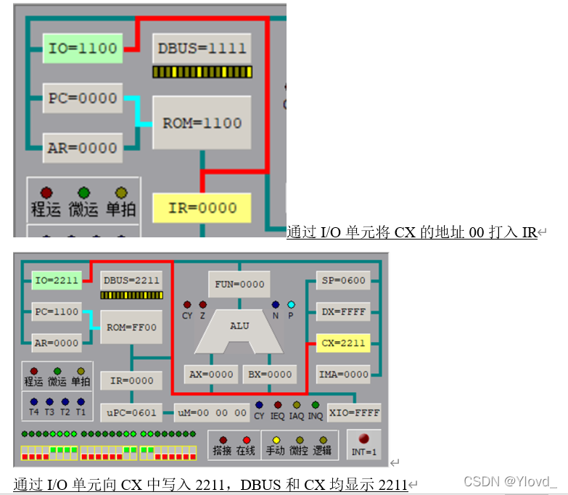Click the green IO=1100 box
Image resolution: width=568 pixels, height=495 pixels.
[82, 49]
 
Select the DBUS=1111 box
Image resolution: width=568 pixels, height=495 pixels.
[202, 49]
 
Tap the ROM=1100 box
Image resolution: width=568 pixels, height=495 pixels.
[202, 123]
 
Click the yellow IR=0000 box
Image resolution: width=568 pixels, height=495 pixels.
[202, 208]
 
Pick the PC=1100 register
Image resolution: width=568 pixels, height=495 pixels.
[57, 311]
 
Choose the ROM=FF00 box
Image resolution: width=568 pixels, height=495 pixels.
[131, 327]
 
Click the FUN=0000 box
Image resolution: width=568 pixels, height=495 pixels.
[239, 285]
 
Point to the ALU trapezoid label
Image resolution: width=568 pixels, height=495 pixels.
[239, 326]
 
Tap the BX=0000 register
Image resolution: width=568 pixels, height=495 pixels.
[268, 375]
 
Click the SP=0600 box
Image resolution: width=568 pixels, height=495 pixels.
[344, 281]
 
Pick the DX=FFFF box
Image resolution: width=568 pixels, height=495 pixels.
[344, 312]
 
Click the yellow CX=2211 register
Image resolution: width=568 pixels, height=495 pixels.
[344, 343]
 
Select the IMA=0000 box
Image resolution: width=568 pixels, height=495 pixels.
[344, 374]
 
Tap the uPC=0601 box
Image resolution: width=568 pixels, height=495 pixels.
[129, 412]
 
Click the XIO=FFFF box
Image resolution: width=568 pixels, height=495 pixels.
[354, 412]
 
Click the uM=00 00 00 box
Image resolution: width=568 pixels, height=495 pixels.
[212, 412]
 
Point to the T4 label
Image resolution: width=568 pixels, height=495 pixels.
[34, 412]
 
